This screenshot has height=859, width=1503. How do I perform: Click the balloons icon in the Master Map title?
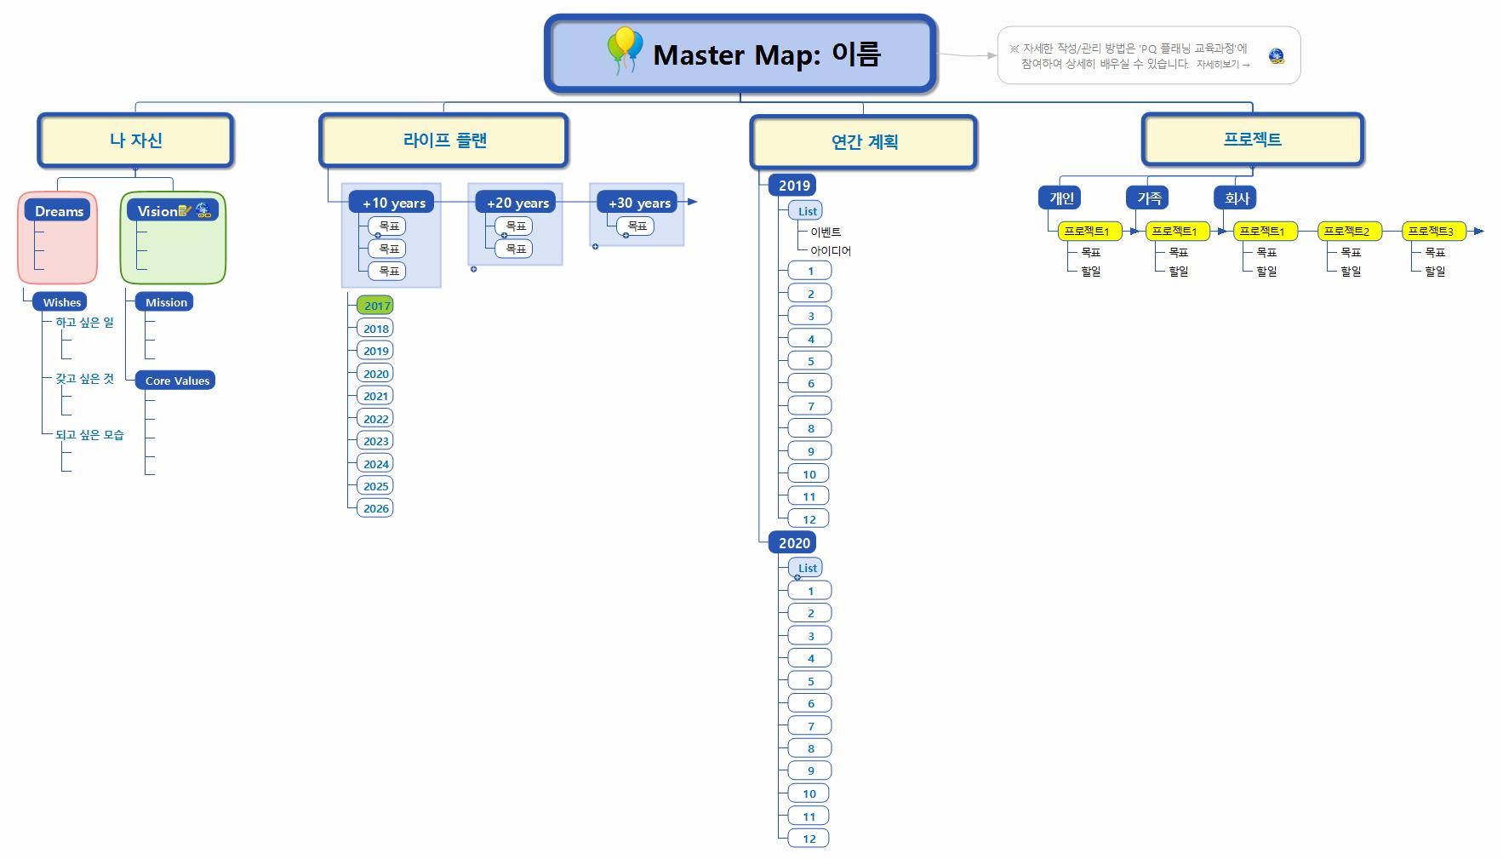click(625, 51)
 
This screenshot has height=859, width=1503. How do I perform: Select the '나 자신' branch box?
click(135, 140)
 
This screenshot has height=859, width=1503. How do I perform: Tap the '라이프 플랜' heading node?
click(443, 140)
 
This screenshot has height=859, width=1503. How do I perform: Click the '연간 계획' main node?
click(863, 142)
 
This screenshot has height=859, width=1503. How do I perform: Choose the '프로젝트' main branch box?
click(1252, 140)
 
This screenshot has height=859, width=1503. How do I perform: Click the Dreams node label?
click(59, 211)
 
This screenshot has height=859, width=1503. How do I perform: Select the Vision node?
click(158, 211)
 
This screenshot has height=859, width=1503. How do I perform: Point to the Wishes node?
click(62, 302)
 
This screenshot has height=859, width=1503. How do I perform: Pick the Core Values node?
click(176, 381)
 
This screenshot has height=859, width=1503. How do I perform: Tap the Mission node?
click(165, 302)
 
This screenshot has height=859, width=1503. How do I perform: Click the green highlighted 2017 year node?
click(376, 306)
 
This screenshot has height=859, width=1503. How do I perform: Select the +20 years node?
click(517, 203)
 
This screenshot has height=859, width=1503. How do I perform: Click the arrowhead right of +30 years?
click(692, 202)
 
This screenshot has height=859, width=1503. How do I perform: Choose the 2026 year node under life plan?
click(375, 508)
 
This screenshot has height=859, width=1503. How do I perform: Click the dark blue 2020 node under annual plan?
click(793, 543)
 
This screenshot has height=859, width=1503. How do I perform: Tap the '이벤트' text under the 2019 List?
click(825, 232)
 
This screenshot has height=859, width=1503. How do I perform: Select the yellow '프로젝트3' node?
click(1430, 231)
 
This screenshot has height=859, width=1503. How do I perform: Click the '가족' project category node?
click(1148, 198)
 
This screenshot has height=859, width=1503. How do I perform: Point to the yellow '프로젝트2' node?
click(1346, 231)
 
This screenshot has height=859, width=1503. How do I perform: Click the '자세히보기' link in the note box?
click(1222, 65)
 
